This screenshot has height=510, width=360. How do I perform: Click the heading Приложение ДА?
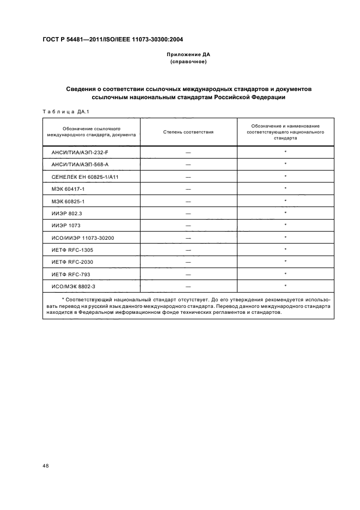click(188, 55)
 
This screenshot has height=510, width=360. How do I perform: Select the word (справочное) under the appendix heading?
click(188, 62)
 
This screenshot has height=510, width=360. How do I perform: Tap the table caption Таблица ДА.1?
click(65, 112)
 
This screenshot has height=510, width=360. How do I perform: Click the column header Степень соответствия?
click(188, 132)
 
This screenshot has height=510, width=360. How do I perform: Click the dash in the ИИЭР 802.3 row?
click(188, 213)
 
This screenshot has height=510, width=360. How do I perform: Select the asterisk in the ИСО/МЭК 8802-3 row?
click(285, 286)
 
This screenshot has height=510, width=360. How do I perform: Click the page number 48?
click(45, 465)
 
